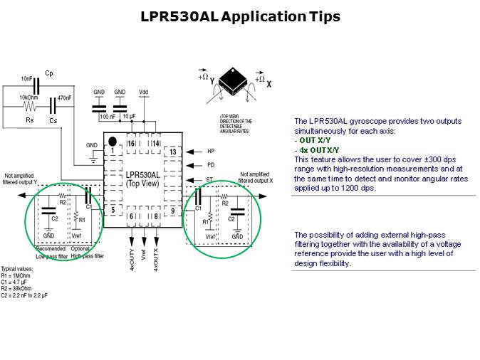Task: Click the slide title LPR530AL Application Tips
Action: pos(240,16)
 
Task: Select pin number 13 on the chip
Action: pos(172,152)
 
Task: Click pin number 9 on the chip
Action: pos(172,210)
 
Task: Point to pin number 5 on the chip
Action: pos(112,211)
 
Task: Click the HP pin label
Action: pos(210,152)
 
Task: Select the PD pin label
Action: pos(210,166)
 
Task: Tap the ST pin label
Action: pos(210,180)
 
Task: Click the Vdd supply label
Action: pos(144,92)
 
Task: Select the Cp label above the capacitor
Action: pos(48,73)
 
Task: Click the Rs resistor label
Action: pos(29,120)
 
